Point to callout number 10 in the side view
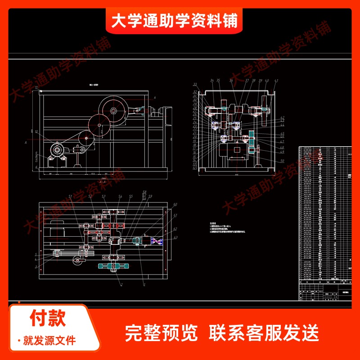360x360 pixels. (36, 131)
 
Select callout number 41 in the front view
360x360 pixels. (276, 81)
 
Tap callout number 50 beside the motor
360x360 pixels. (282, 161)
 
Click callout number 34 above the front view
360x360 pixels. (212, 81)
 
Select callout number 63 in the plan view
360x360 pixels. (175, 237)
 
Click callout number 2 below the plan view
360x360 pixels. (121, 284)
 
